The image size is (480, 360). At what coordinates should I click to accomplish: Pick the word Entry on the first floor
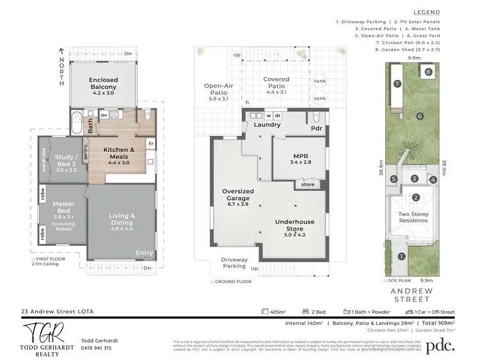(x=145, y=254)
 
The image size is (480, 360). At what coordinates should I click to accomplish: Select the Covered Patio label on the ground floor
(x=276, y=83)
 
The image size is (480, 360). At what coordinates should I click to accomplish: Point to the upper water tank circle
(x=320, y=82)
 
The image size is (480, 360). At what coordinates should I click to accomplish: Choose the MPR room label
(x=301, y=159)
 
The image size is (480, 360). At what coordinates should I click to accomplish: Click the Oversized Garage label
(x=238, y=195)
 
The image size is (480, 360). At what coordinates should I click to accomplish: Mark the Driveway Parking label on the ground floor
(x=234, y=262)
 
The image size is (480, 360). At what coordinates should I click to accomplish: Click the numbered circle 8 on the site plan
(x=428, y=72)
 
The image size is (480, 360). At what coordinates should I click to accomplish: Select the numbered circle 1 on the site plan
(x=402, y=257)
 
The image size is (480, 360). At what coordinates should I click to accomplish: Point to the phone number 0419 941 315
(x=97, y=348)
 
